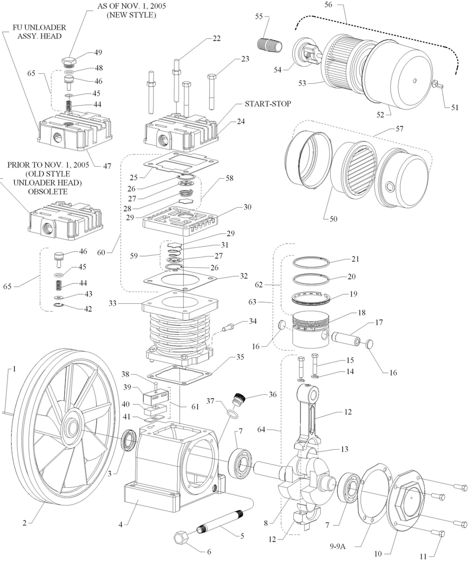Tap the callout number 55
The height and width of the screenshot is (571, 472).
pos(259,16)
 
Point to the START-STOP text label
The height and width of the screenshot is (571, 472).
pos(268,104)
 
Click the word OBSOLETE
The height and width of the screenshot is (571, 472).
pos(48,191)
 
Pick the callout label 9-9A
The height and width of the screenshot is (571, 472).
pos(337,546)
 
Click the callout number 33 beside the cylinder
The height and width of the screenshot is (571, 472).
pos(113,303)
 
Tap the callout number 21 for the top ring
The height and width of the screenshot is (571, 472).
pos(355,259)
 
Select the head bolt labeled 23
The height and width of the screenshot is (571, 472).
pos(212,92)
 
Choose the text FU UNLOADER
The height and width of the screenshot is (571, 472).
pos(40,27)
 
